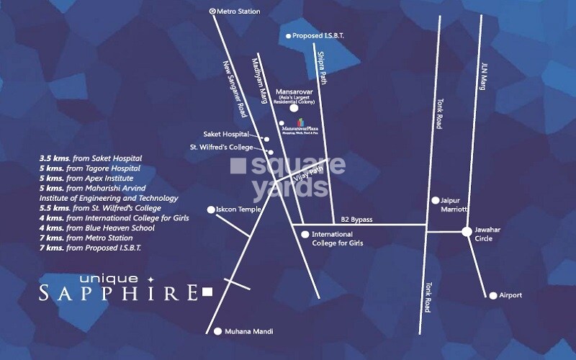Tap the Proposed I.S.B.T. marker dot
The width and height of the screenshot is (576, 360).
289,35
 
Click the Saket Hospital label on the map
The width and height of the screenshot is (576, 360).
225,134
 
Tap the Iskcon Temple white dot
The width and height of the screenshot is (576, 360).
211,210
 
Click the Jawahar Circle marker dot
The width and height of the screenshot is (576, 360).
467,231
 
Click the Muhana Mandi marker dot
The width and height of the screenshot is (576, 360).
218,331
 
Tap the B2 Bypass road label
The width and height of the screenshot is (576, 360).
356,219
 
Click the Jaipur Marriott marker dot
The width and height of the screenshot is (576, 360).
435,200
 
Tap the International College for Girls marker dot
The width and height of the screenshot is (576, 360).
305,234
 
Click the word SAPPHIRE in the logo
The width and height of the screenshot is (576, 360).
119,292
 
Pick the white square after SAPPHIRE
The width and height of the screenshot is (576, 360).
208,292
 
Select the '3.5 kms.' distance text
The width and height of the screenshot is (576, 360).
54,158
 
